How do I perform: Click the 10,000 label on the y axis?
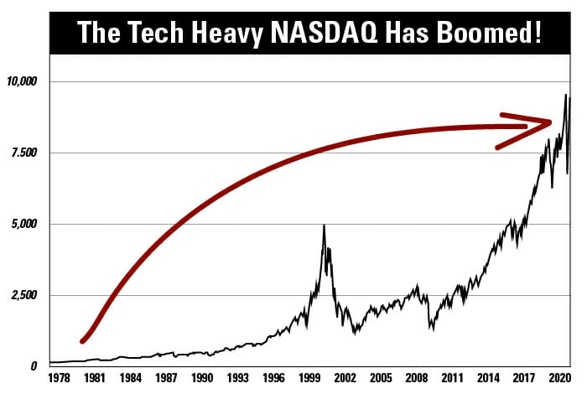coord(23,81)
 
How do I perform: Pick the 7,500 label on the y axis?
coord(26,153)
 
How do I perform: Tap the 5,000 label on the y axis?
coord(26,224)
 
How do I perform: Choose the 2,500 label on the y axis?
coord(26,295)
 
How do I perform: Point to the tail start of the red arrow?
coord(82,340)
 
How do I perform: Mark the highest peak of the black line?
coord(565,95)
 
